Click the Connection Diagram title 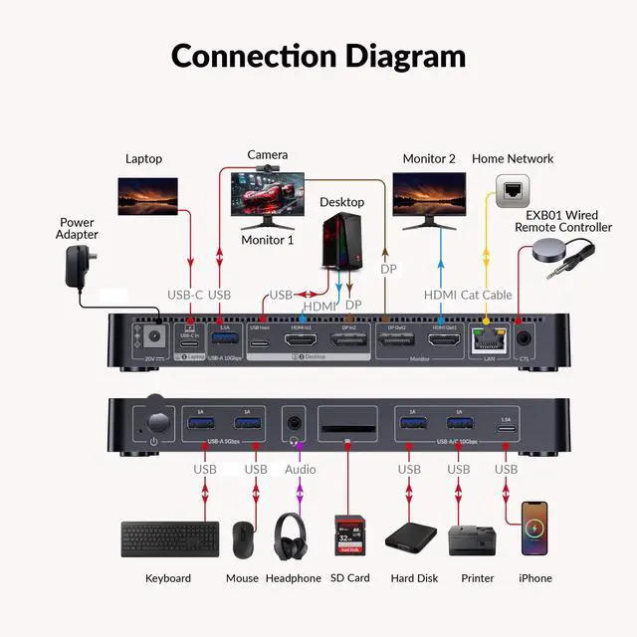point(318,55)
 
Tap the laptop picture point(147,196)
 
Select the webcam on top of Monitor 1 point(266,170)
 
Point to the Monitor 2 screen point(429,194)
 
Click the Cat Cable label point(485,295)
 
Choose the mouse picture point(242,539)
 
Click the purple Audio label point(301,469)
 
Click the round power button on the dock point(154,412)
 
